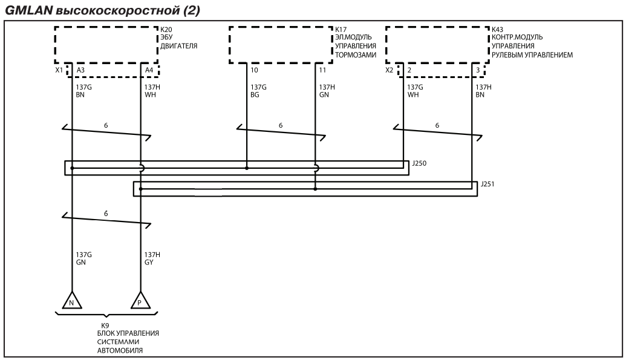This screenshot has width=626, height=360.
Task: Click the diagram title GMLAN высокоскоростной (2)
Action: (102, 10)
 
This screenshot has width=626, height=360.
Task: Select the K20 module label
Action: (166, 30)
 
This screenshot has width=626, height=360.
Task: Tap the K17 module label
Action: (341, 30)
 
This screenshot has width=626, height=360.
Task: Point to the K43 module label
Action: (497, 30)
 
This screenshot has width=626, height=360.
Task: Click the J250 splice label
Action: (419, 163)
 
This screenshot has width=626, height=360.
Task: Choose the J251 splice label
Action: (487, 184)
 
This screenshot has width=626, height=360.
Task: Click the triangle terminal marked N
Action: (72, 300)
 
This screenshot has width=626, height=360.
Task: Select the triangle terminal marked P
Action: (140, 300)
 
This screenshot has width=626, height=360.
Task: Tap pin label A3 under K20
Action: (80, 70)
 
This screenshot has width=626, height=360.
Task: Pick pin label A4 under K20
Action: (149, 70)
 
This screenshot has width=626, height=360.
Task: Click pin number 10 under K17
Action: (254, 70)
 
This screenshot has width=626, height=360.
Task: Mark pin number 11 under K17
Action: (322, 70)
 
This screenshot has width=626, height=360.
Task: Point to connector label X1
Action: (59, 70)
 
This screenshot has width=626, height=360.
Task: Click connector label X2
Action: (390, 70)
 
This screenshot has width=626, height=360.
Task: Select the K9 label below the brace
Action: (105, 326)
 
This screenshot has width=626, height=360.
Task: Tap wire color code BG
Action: (255, 95)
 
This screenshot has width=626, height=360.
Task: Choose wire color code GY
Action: (149, 263)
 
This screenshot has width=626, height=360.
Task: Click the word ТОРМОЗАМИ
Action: (356, 54)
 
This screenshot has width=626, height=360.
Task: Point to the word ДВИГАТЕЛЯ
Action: (179, 46)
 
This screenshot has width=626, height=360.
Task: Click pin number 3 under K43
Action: (478, 70)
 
